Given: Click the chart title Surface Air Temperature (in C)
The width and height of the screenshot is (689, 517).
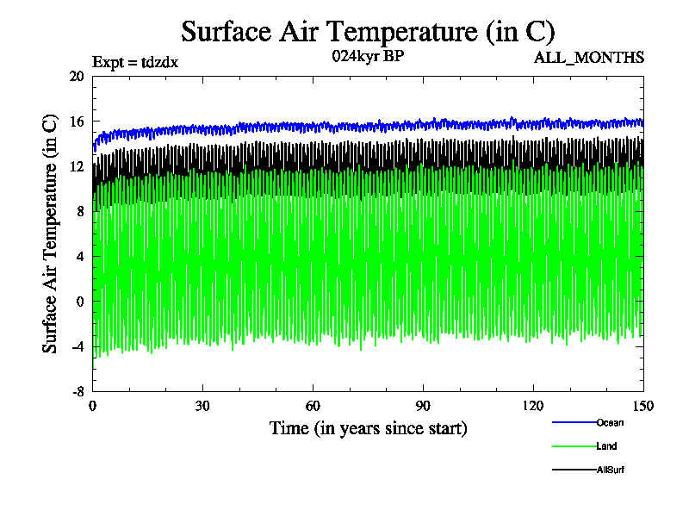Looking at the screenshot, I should click(x=368, y=32).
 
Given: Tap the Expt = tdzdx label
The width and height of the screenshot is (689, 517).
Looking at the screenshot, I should click(x=135, y=62).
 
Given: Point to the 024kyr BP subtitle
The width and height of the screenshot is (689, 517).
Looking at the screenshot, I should click(x=368, y=57).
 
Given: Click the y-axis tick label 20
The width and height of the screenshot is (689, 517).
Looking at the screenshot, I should click(x=76, y=76).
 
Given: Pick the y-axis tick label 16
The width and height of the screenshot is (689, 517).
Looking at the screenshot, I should click(x=76, y=121).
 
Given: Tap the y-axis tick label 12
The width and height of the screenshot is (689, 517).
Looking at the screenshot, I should click(x=76, y=166).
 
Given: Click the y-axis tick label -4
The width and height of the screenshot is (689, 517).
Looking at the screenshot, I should click(x=76, y=346).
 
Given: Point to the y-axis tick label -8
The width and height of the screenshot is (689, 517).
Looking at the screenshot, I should click(x=76, y=391).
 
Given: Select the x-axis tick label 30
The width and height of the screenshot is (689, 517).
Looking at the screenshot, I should click(x=203, y=407).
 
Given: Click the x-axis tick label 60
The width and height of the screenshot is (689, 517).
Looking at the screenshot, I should click(x=313, y=407).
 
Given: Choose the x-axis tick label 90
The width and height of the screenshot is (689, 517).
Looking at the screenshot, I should click(x=424, y=407).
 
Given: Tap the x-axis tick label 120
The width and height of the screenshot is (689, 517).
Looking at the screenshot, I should click(x=533, y=407).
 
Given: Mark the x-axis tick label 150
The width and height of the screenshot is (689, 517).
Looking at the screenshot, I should click(x=642, y=407).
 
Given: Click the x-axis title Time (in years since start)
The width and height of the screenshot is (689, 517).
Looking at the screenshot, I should click(x=368, y=428).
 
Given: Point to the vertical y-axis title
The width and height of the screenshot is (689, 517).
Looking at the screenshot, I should click(x=51, y=234).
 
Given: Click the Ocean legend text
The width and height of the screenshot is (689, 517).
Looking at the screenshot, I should click(x=610, y=422).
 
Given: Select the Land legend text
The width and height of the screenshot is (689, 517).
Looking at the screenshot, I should click(x=606, y=446).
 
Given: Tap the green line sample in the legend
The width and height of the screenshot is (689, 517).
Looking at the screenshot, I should click(x=574, y=446).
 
